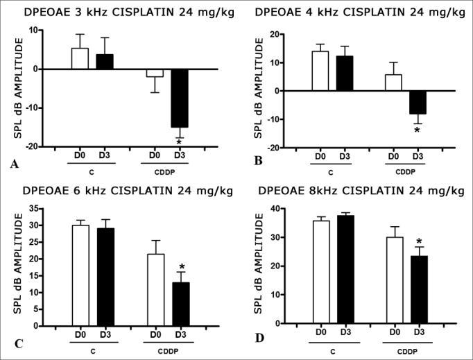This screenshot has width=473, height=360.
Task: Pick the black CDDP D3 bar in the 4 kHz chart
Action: (x=417, y=102)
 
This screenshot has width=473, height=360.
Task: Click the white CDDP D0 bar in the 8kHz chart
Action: (x=395, y=280)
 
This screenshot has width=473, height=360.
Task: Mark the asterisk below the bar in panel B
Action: (x=417, y=130)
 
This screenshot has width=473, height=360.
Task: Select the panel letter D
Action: (x=259, y=340)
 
